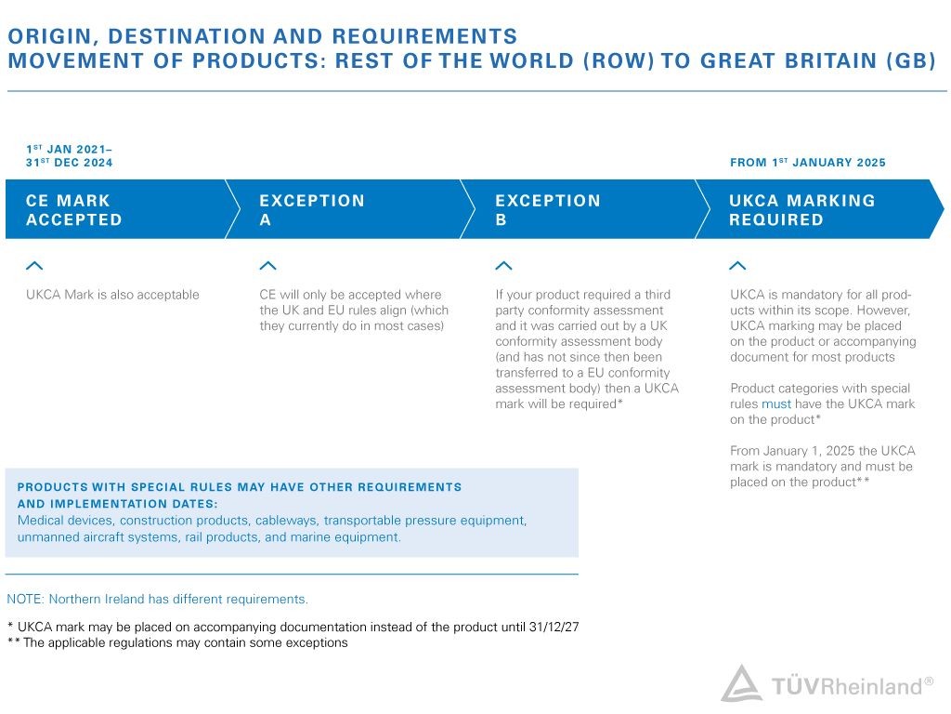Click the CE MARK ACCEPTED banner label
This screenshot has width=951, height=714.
74,210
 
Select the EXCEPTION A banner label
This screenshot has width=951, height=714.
312,210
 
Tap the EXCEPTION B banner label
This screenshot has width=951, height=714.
548,210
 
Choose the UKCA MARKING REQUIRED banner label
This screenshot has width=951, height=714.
802,210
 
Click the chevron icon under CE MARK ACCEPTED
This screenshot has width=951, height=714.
34,266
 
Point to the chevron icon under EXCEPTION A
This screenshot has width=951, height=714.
267,266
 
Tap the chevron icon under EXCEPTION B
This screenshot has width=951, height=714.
503,266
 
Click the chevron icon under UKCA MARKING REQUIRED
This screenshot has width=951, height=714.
738,266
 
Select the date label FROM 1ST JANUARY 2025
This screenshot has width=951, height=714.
808,163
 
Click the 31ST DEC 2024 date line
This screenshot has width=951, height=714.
70,163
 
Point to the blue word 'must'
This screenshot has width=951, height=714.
776,404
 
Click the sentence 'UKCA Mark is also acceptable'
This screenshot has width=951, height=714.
112,295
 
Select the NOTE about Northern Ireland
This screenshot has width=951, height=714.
157,600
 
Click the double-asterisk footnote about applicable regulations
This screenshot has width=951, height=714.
177,642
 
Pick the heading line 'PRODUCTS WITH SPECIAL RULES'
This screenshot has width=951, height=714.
240,487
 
